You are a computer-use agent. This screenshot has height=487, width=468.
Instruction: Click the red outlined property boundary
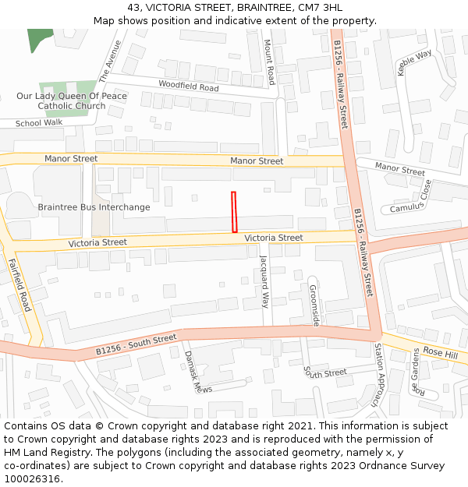[x=234, y=212]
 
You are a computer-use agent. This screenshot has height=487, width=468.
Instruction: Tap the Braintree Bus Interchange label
[x=94, y=207]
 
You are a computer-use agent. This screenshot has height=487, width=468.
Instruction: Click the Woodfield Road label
[x=188, y=86]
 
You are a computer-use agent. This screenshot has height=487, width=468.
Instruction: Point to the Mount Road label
[x=269, y=62]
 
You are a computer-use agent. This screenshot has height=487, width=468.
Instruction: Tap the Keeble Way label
[x=414, y=62]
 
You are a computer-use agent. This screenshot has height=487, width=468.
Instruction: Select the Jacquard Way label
[x=264, y=281]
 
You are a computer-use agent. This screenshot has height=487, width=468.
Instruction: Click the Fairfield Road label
[x=19, y=284]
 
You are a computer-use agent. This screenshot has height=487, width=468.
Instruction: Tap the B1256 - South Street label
[x=136, y=345]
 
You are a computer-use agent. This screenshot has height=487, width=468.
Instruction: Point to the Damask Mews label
[x=193, y=371]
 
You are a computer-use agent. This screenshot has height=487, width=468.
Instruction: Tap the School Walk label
[x=39, y=123]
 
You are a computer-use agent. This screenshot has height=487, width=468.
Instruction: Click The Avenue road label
[x=110, y=62]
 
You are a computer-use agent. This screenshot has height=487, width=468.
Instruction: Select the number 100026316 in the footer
[x=31, y=479]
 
